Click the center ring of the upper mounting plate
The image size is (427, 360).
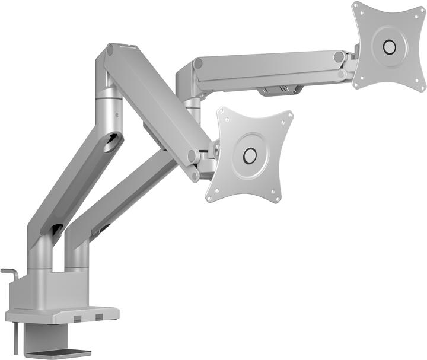click(389, 46)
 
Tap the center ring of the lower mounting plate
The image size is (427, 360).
click(250, 155)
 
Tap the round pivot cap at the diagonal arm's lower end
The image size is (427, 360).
click(193, 157)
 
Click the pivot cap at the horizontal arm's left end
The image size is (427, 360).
click(198, 63)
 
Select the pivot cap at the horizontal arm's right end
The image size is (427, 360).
click(339, 57)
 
